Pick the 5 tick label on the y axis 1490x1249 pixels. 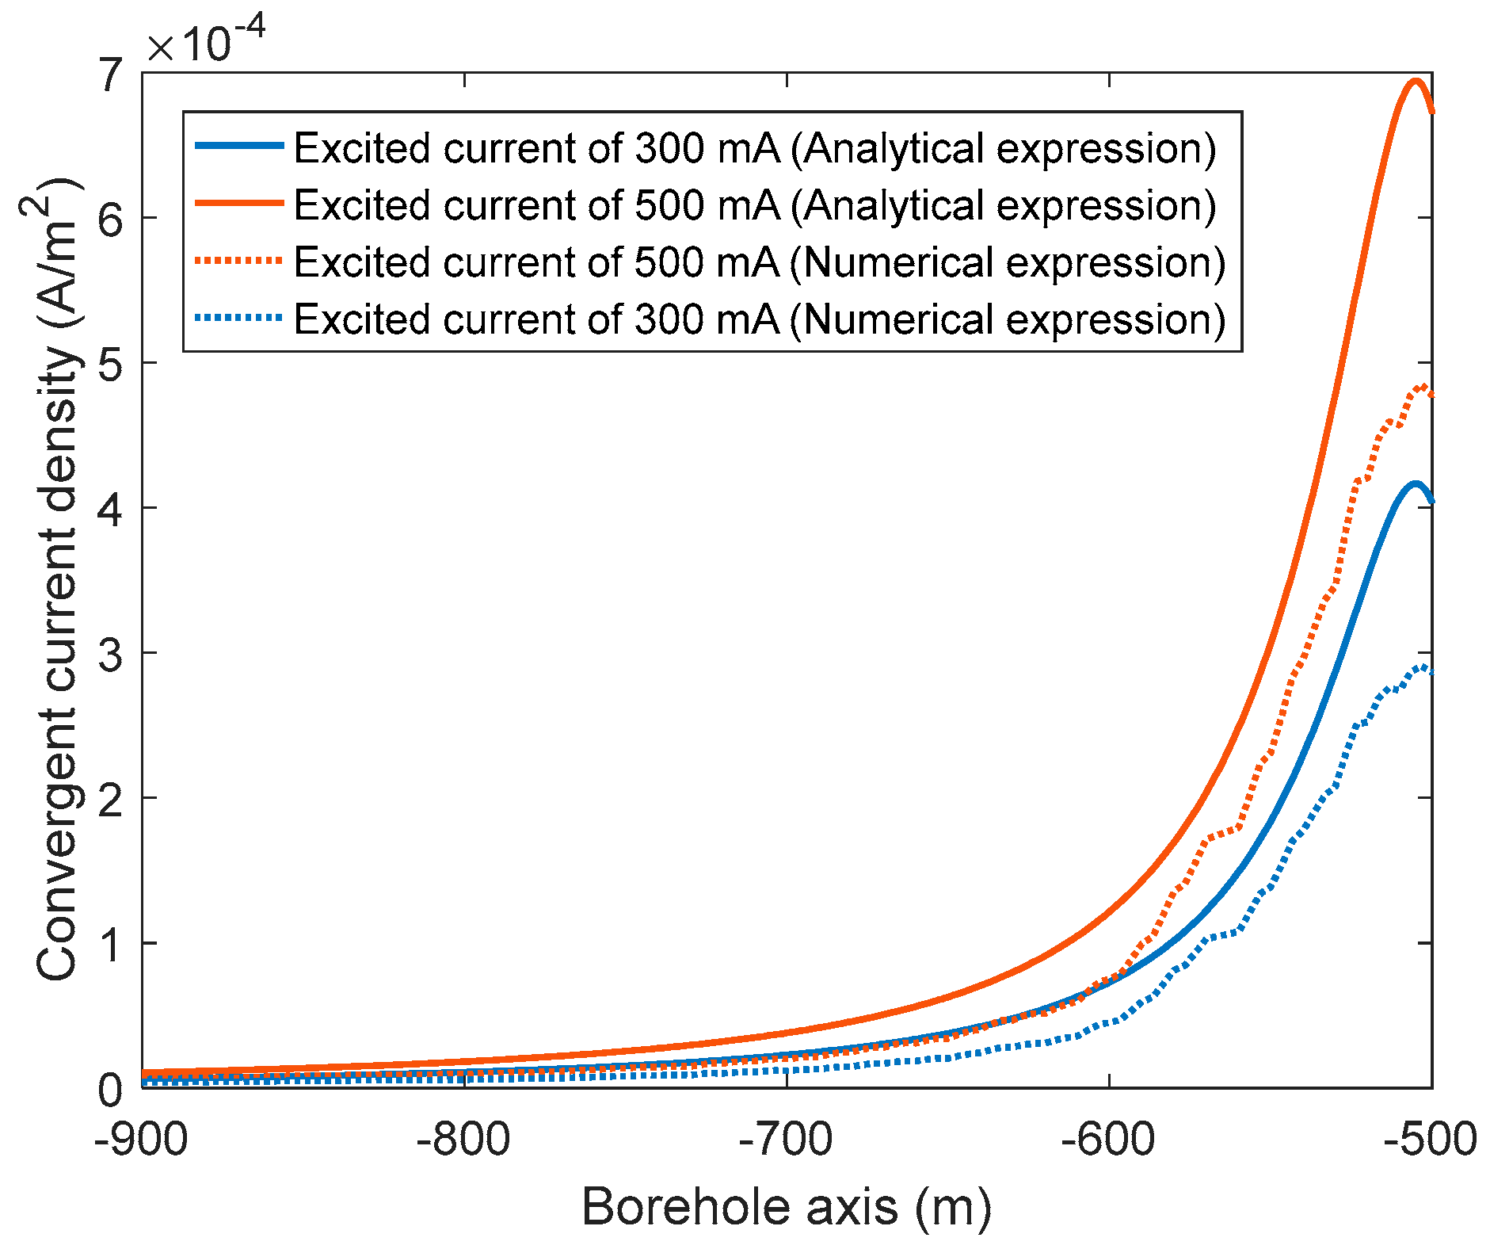click(x=110, y=363)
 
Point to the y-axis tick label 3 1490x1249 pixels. click(x=110, y=653)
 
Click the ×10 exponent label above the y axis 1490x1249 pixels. click(x=204, y=41)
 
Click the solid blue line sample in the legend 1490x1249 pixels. click(x=238, y=147)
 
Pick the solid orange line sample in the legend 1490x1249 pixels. click(x=238, y=204)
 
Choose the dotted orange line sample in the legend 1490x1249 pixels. click(x=238, y=261)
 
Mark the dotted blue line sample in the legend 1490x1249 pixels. click(x=238, y=318)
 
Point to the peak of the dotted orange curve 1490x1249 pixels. click(x=1423, y=386)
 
